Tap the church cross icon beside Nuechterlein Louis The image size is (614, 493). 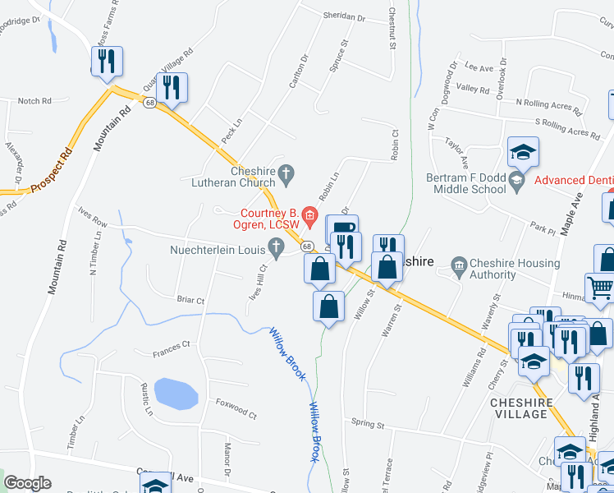277,246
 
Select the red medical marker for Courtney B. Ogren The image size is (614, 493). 309,217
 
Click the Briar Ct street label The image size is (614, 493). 190,300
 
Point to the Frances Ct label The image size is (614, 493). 171,344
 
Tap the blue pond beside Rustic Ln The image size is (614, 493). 176,394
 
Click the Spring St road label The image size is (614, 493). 368,425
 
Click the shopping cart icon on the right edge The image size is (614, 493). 602,288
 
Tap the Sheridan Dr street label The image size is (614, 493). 344,16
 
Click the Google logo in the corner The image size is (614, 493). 27,483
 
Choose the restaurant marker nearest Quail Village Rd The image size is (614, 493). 172,87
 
